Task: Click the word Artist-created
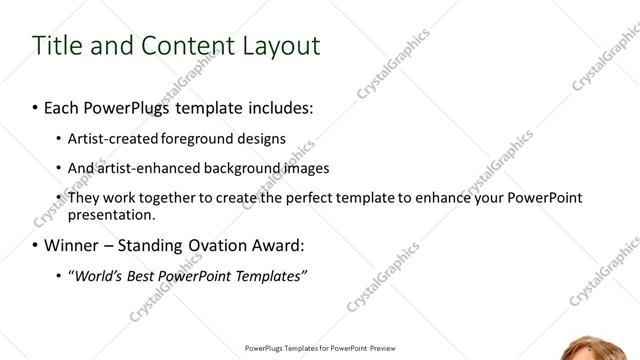(x=108, y=138)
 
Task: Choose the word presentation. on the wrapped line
(x=111, y=214)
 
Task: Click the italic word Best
(x=145, y=275)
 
